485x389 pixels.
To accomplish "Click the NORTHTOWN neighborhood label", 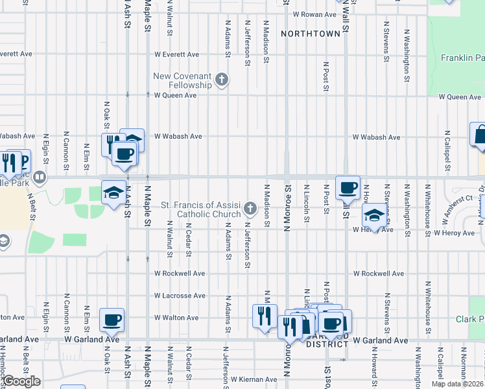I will point(311,33).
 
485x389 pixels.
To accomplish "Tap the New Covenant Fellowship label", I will point(182,80).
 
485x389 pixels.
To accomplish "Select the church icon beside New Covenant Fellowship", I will point(222,80).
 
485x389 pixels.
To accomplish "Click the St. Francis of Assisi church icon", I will point(251,208).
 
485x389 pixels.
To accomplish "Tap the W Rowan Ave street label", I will point(313,14).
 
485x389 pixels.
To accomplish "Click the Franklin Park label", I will point(462,58).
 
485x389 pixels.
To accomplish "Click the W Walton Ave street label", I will point(175,318).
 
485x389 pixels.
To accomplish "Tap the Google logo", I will point(21,381).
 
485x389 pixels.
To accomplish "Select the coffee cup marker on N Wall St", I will point(348,187).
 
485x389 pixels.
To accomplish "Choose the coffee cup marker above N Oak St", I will point(112,319).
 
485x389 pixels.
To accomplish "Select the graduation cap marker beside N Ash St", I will point(113,192).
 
